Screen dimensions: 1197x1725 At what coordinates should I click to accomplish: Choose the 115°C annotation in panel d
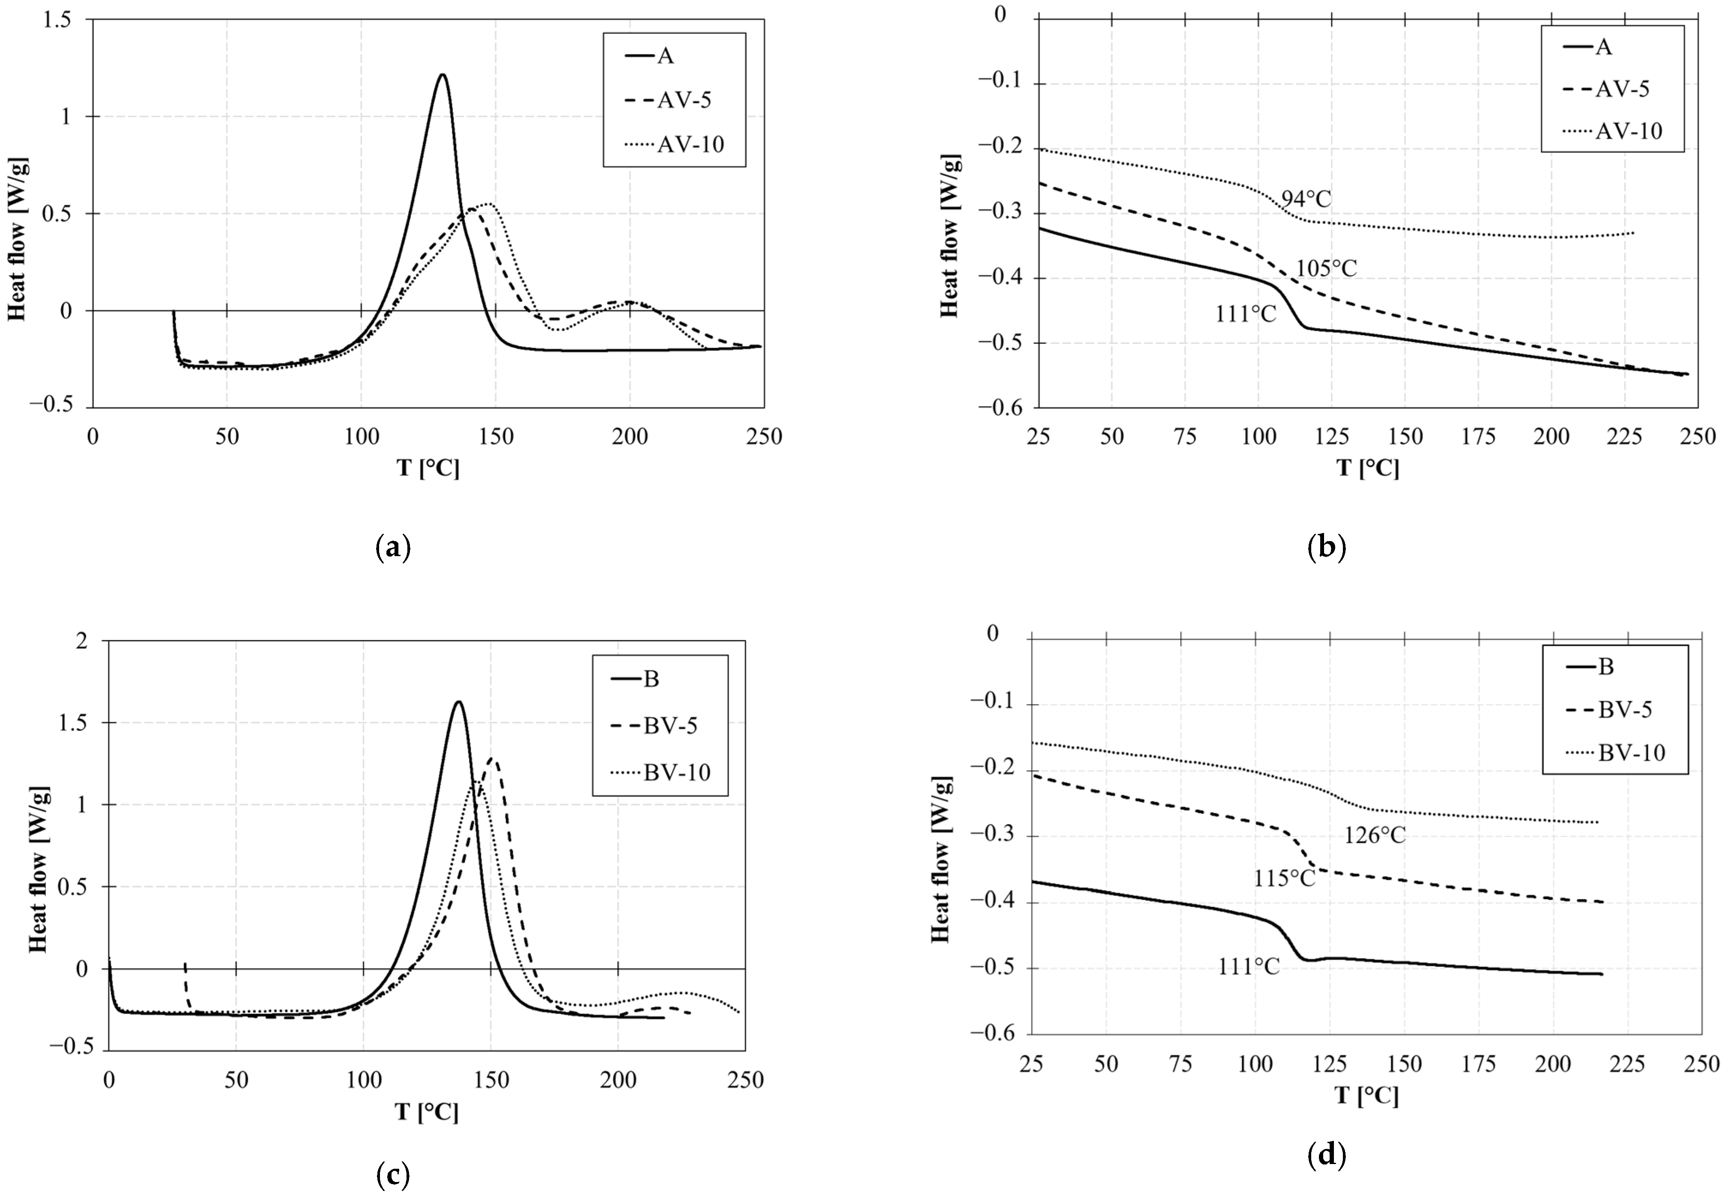tap(1285, 878)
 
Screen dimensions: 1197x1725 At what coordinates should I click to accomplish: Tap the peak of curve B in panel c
tap(458, 702)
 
